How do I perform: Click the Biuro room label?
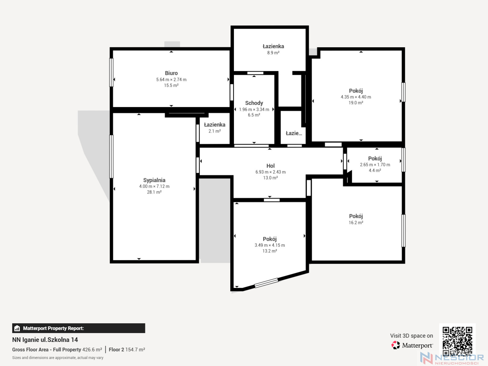(x=171, y=73)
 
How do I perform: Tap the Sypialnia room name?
(x=154, y=180)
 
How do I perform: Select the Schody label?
(x=254, y=103)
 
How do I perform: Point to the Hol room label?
(x=270, y=166)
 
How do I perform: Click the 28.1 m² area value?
(x=154, y=192)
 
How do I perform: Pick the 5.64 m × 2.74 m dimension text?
(x=171, y=80)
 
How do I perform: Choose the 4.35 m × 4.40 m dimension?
(x=356, y=97)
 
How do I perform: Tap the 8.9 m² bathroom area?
(x=273, y=53)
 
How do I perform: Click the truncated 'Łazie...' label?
(x=294, y=133)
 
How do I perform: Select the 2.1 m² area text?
(x=215, y=131)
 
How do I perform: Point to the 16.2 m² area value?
(x=356, y=223)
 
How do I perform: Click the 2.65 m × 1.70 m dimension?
(x=375, y=165)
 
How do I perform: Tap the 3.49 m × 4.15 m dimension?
(x=269, y=245)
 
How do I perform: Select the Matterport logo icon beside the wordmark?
(x=395, y=345)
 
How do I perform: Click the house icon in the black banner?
(x=17, y=328)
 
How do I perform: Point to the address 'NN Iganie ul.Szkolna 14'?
(x=45, y=340)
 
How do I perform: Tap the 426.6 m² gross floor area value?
(x=92, y=350)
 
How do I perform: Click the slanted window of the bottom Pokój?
(x=266, y=283)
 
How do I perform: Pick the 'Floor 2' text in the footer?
(x=116, y=350)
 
